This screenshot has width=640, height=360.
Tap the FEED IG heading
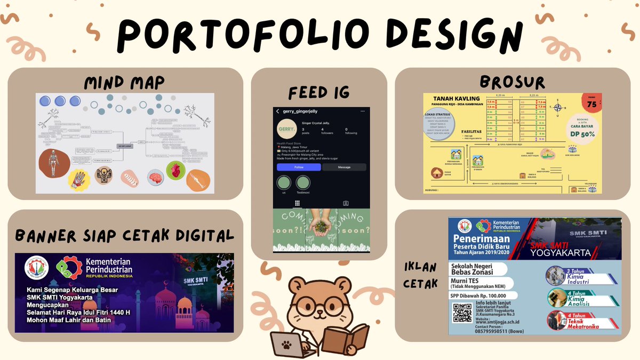[319, 93]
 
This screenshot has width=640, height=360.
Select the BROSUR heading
[512, 82]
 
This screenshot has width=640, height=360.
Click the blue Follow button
[298, 167]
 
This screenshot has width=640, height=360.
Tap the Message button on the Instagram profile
[344, 167]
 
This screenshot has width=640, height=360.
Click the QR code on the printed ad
[462, 312]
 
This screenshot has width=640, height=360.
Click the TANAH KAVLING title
[457, 98]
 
